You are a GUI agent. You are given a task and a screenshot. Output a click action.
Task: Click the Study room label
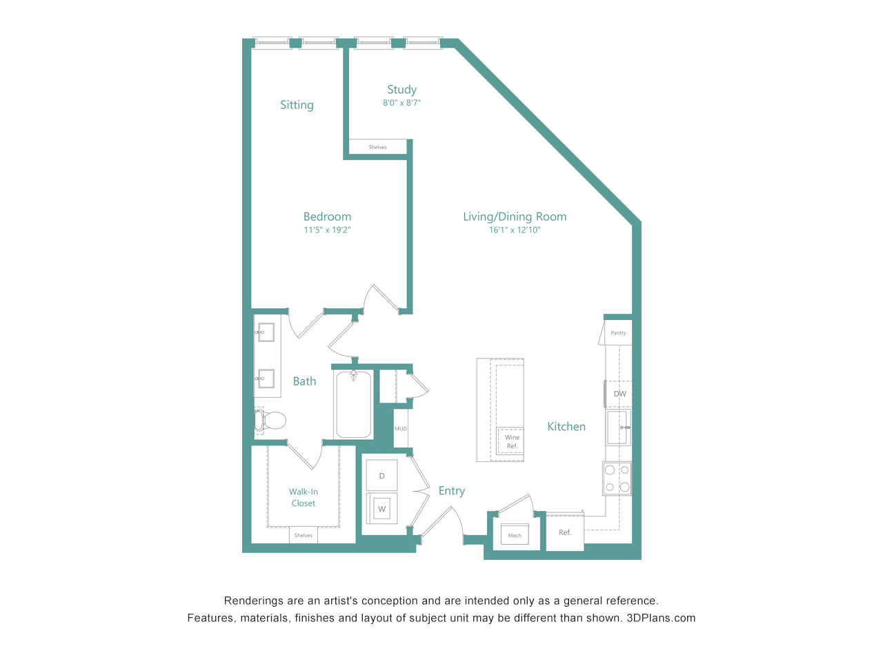(401, 89)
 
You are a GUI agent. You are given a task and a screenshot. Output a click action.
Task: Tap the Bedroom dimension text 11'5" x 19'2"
(327, 230)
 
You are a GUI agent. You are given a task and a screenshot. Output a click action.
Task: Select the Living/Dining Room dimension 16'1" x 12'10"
(515, 230)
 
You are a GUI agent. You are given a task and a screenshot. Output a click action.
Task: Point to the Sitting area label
(297, 105)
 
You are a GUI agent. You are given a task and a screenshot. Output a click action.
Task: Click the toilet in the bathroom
(270, 421)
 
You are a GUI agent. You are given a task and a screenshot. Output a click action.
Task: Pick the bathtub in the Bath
(353, 404)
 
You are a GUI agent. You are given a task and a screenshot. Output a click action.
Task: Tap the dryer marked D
(381, 475)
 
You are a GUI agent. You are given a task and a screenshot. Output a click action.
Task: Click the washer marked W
(381, 508)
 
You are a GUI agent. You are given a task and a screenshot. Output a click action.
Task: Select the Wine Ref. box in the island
(511, 441)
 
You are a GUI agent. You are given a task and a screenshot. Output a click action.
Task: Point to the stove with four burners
(617, 478)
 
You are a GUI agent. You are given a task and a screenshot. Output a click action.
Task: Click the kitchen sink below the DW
(618, 428)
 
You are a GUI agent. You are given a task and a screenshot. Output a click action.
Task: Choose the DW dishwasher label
(620, 394)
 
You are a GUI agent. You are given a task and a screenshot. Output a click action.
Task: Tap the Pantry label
(618, 333)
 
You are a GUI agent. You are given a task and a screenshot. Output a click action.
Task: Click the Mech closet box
(515, 534)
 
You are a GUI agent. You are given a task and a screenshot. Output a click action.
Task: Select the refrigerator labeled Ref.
(565, 532)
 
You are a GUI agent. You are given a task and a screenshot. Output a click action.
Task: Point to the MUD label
(401, 428)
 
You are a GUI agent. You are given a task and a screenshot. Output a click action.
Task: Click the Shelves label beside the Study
(378, 147)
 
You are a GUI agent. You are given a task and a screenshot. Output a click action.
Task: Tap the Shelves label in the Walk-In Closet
(304, 535)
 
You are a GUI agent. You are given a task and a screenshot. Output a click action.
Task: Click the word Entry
(451, 491)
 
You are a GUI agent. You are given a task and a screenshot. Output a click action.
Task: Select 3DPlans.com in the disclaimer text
(661, 618)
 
